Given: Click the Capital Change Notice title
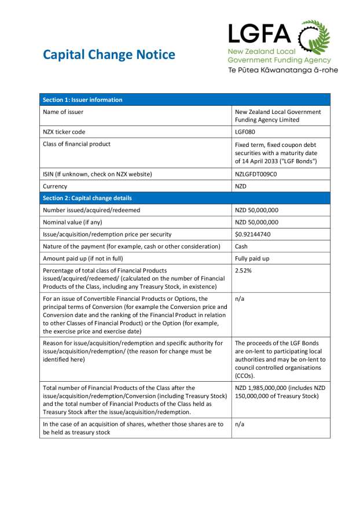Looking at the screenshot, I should [x=109, y=55].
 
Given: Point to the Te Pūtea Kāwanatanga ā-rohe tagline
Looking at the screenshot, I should [x=282, y=70].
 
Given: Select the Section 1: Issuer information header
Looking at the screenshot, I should [x=82, y=99].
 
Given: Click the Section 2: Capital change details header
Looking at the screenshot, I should [x=87, y=198].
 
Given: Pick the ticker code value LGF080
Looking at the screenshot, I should [x=245, y=132].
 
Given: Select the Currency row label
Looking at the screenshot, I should [x=55, y=186].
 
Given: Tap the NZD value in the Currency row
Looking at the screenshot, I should [x=241, y=186].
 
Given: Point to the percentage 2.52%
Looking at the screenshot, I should [x=243, y=270].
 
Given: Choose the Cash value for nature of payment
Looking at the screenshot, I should [x=241, y=246].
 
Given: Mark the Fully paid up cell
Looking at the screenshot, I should [x=252, y=259].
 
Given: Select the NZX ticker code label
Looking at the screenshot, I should [x=64, y=132].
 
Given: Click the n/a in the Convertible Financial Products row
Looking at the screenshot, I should [x=240, y=299].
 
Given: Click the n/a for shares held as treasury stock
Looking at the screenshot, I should [x=240, y=424].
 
